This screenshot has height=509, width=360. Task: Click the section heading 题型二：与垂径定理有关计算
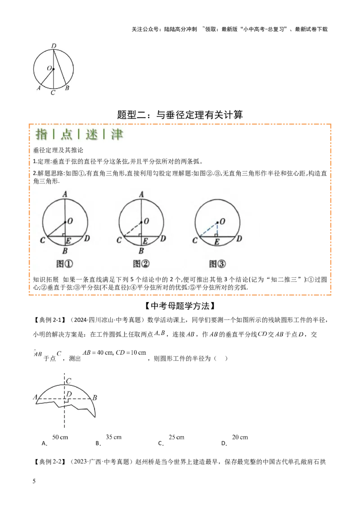coord(180,115)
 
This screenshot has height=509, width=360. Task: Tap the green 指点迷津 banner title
coord(79,134)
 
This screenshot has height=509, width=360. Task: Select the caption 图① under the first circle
coord(65,263)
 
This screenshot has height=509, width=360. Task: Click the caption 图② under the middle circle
coord(141,263)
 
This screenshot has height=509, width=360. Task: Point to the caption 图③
coord(217,263)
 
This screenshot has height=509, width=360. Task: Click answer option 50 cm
coord(60,437)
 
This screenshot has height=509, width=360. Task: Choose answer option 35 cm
coord(113,437)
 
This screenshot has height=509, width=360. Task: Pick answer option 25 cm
coord(176,437)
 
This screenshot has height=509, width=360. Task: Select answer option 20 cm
coord(240,437)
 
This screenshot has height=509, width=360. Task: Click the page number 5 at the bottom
coord(34,481)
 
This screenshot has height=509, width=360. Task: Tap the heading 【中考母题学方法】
coord(180,306)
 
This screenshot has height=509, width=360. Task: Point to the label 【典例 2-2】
coord(50,462)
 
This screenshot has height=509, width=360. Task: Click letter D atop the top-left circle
coord(54,46)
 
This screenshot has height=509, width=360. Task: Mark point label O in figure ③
coord(222,221)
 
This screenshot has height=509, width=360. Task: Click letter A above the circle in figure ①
coord(65,194)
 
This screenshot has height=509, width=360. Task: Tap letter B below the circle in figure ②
coord(141,250)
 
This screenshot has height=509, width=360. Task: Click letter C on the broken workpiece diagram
coord(69,381)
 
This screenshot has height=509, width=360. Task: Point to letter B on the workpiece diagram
coord(94,397)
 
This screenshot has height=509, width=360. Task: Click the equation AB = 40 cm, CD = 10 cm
coord(114,353)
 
